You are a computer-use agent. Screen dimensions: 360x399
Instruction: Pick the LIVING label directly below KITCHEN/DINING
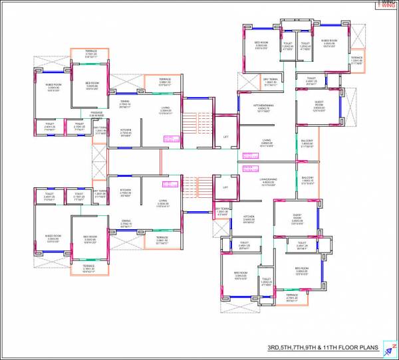pos(266,140)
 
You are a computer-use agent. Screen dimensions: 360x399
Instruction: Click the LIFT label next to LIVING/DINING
pos(225,187)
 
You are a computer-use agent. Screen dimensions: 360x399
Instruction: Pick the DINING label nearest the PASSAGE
pos(125,103)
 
